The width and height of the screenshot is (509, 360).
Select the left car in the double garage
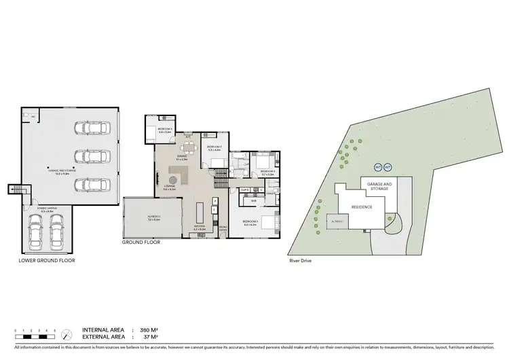35,232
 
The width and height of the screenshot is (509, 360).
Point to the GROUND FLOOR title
141,242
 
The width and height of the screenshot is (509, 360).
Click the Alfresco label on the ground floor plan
153,218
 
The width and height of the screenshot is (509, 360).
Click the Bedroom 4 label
165,128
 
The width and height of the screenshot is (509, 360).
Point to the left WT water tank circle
378,167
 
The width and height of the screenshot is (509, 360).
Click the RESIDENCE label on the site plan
360,207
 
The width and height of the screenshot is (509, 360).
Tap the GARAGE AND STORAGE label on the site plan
379,186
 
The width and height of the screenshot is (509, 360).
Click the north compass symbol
66,335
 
